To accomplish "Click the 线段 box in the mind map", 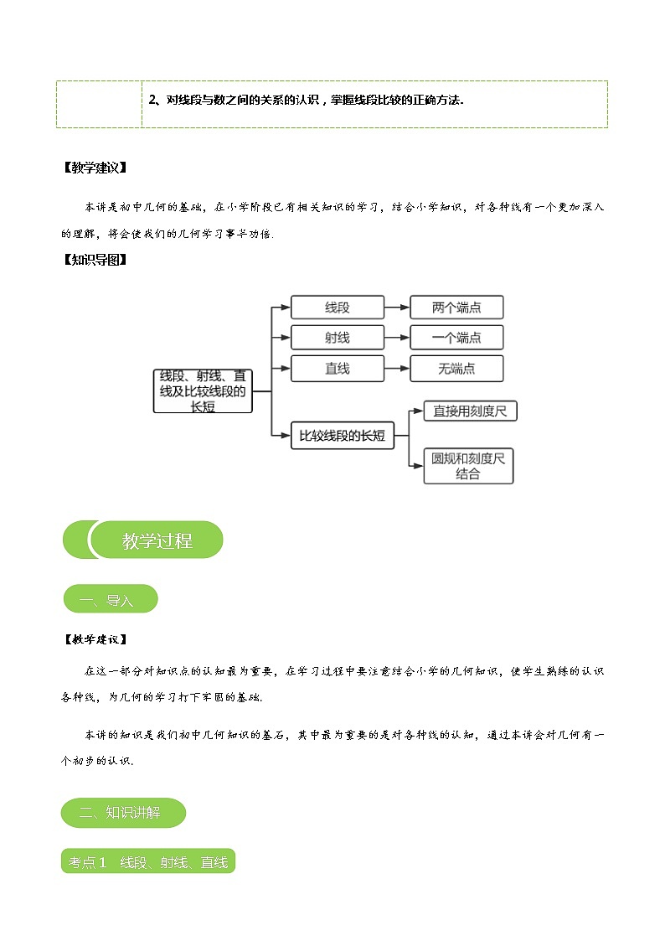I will pyautogui.click(x=337, y=308).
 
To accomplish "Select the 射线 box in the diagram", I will pyautogui.click(x=337, y=338).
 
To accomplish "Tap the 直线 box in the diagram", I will pyautogui.click(x=337, y=369).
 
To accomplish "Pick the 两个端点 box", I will pyautogui.click(x=456, y=308).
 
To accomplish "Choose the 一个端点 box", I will pyautogui.click(x=456, y=338).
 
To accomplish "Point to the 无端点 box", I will pyautogui.click(x=456, y=369).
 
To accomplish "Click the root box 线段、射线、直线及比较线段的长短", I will pyautogui.click(x=203, y=390).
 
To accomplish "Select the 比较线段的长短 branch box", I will pyautogui.click(x=342, y=435).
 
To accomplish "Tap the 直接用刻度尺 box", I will pyautogui.click(x=470, y=411).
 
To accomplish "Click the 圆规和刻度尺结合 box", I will pyautogui.click(x=468, y=466).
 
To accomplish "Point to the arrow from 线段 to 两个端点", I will pyautogui.click(x=396, y=308).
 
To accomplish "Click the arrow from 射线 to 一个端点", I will pyautogui.click(x=396, y=338).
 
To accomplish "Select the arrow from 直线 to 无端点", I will pyautogui.click(x=396, y=369).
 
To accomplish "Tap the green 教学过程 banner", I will pyautogui.click(x=156, y=540).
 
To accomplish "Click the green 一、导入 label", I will pyautogui.click(x=110, y=599).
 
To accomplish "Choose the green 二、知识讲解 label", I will pyautogui.click(x=123, y=812).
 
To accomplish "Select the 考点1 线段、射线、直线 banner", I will pyautogui.click(x=148, y=861).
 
